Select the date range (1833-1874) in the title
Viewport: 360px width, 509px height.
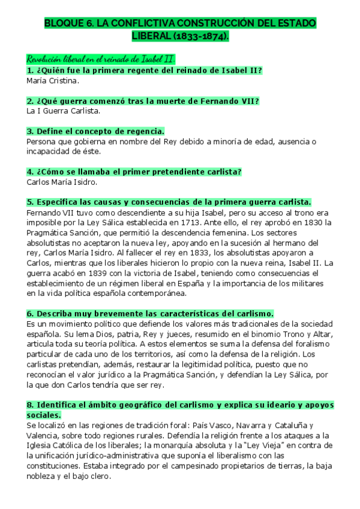pos(203,37)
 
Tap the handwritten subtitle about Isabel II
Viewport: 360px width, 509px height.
pos(101,59)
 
